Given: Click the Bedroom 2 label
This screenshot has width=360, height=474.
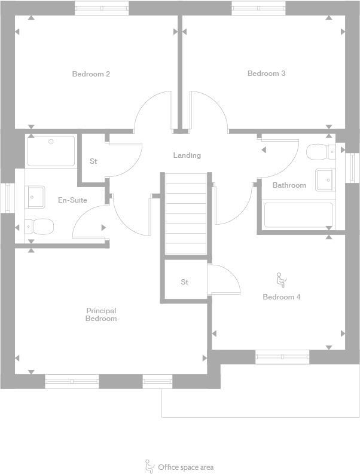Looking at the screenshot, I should point(91,74).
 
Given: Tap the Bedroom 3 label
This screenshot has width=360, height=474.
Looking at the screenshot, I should point(266,74).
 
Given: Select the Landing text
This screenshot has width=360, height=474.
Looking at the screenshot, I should point(187,155).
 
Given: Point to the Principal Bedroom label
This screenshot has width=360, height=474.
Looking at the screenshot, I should point(101,314).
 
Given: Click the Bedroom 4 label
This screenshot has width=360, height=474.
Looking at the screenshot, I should point(281,297).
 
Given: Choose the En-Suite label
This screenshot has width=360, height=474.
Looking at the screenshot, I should point(72,200).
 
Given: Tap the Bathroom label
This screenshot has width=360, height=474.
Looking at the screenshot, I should point(289,185).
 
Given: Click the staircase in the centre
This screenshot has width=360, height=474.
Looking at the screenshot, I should point(185,213).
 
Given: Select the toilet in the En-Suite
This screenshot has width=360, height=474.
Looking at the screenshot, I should point(41,227).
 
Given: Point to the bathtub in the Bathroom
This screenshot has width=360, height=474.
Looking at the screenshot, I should point(298,215).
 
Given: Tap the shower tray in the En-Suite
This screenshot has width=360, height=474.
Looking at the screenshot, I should point(51,151).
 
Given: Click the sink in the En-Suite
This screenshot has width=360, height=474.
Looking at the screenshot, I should point(35,196).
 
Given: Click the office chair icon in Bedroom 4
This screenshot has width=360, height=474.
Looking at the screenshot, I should point(281,279).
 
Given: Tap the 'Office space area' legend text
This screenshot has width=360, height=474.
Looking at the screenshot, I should point(185,467).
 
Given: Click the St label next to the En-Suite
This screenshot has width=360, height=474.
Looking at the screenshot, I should point(93,161).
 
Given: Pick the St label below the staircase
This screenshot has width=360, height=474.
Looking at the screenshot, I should point(184,282).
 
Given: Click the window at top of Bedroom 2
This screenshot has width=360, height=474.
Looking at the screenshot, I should point(101,8).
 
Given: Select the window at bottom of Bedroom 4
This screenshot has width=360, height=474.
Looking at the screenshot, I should point(282,357).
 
